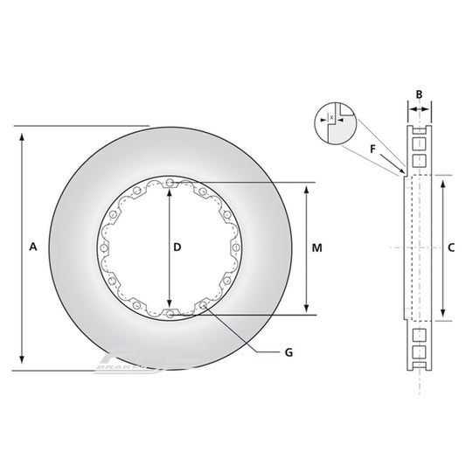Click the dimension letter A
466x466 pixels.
pos(32,247)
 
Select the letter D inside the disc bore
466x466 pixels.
pos(177,247)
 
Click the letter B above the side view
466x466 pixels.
pos(419,94)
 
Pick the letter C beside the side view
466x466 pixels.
pos(451,247)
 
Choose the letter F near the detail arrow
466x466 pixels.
pos(373,149)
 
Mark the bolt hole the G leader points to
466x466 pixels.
pos(204,305)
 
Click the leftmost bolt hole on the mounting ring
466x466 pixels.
pos(104,248)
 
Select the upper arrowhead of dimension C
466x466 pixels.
pos(444,180)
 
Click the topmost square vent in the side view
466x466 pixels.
pos(419,143)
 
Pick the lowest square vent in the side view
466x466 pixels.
pos(419,353)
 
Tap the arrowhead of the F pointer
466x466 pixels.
pos(403,171)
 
